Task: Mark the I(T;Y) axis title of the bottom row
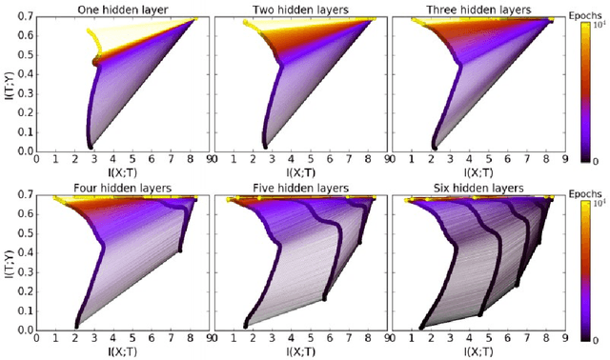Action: tap(8, 262)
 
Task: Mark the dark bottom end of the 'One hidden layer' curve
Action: tap(91, 146)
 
